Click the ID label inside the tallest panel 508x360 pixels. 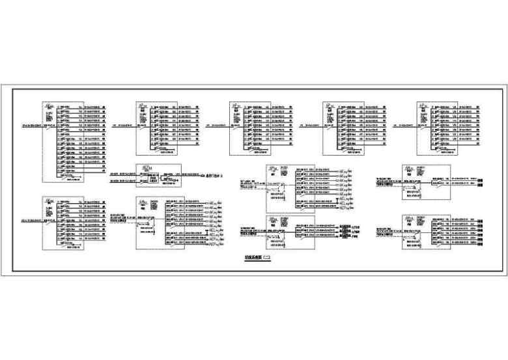tap(49, 107)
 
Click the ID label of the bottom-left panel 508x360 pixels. tap(49, 202)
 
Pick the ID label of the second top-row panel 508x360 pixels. tap(143, 107)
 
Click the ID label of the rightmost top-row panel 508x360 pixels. tap(423, 107)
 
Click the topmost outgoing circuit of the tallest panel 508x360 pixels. tap(81, 105)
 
